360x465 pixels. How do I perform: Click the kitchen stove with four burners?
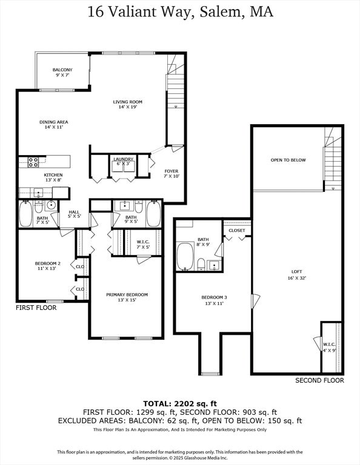(x=33, y=162)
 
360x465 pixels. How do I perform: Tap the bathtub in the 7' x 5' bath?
(x=26, y=214)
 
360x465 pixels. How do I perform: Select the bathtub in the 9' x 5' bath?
(x=153, y=214)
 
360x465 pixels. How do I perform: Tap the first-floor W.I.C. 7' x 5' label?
(x=143, y=245)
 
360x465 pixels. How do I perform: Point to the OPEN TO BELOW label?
(x=288, y=160)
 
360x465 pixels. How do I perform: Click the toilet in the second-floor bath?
(x=201, y=264)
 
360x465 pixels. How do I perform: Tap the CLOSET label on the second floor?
(x=237, y=231)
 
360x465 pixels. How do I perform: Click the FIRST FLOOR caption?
(x=36, y=308)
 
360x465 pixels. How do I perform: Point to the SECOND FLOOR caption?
(x=319, y=380)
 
